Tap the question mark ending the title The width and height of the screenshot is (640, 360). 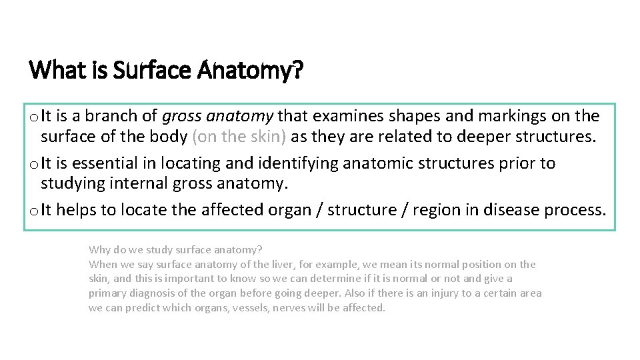(x=297, y=69)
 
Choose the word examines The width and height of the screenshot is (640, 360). (x=339, y=116)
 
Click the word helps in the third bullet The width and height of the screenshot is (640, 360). (x=77, y=210)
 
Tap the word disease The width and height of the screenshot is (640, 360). (x=511, y=210)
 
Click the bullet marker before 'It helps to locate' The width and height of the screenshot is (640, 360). (x=33, y=211)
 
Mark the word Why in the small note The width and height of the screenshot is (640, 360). (x=99, y=250)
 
